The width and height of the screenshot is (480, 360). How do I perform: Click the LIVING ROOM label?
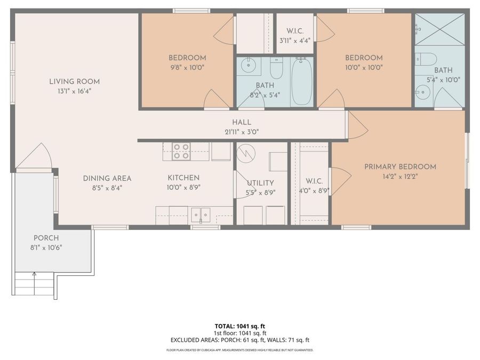click(74, 82)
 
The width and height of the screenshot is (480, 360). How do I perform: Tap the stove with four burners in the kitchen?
click(181, 151)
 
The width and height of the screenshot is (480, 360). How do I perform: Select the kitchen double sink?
click(201, 214)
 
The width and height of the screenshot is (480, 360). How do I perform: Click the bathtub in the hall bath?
click(302, 82)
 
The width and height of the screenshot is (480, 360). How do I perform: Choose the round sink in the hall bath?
click(247, 65)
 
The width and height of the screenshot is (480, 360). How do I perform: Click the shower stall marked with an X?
click(439, 29)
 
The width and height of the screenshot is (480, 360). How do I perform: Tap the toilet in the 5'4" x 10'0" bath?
click(426, 59)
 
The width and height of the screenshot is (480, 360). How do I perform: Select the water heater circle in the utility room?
click(246, 153)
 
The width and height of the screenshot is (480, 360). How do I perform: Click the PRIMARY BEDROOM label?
click(400, 167)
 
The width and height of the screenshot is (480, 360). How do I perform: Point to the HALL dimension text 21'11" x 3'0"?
click(242, 132)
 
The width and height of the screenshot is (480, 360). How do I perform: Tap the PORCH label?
click(46, 238)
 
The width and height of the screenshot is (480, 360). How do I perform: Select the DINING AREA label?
click(107, 178)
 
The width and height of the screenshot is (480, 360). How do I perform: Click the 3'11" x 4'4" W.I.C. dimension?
click(295, 41)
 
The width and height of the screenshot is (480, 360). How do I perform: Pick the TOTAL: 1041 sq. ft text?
click(239, 326)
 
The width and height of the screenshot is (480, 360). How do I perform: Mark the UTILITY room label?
click(260, 183)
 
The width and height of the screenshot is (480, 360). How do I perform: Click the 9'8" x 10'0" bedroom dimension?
click(187, 68)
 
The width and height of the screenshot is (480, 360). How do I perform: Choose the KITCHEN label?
click(183, 178)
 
